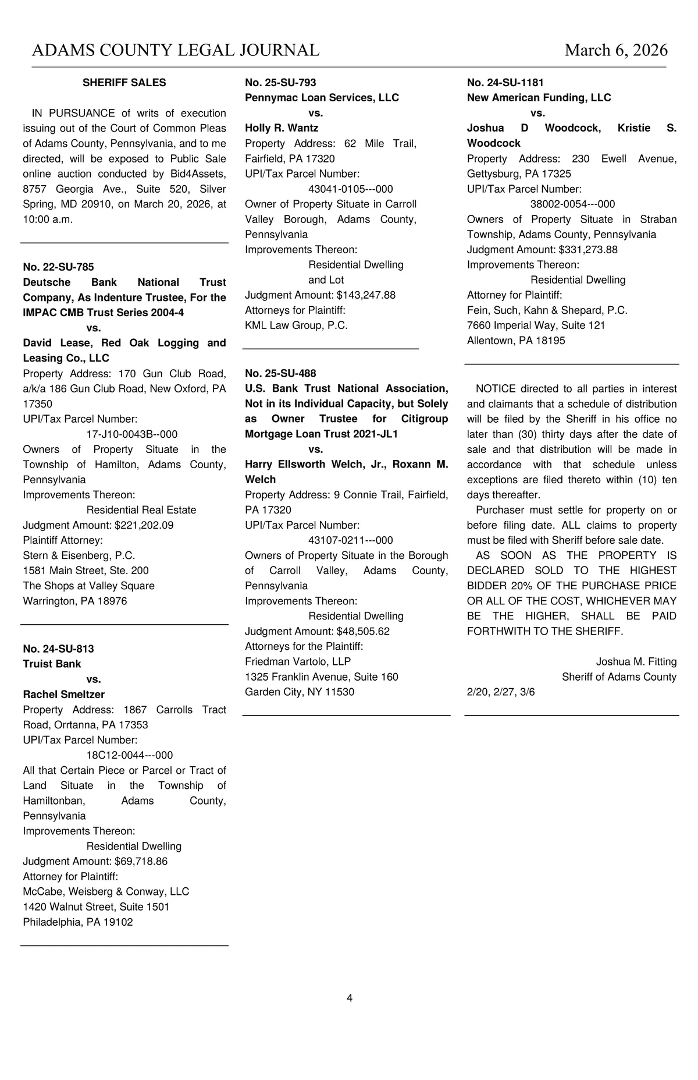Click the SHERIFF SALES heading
tap(124, 83)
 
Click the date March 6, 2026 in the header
tap(616, 50)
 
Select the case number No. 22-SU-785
tap(58, 267)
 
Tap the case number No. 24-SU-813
tap(58, 649)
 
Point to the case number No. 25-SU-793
tap(280, 83)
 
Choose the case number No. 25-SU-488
tap(280, 373)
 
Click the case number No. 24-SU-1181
tap(505, 83)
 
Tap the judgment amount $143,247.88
tap(366, 295)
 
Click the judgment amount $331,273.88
tap(588, 250)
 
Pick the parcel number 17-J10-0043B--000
tap(132, 434)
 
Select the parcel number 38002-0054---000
tap(572, 204)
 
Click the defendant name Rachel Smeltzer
tap(64, 694)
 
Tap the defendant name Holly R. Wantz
tap(282, 128)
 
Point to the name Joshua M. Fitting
tap(636, 661)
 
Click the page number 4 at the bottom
tap(350, 998)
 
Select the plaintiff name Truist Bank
tap(52, 664)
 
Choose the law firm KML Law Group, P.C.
tap(296, 325)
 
